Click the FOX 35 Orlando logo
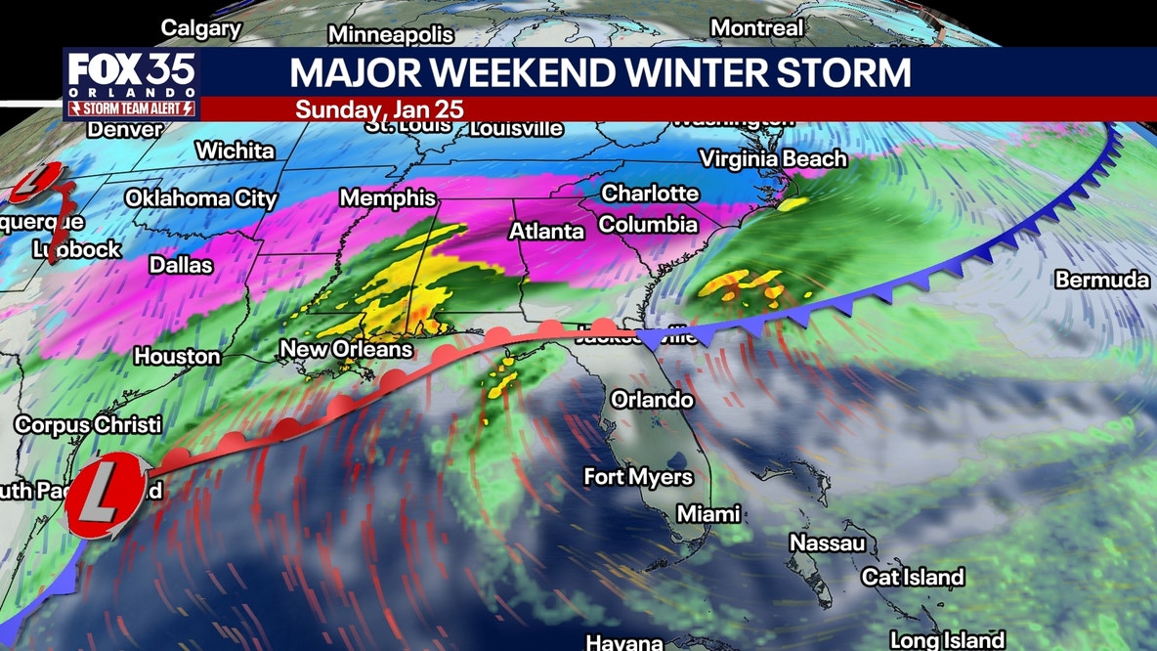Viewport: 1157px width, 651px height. [132, 83]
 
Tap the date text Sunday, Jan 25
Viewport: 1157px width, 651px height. [380, 108]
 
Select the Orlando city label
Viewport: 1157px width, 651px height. [652, 400]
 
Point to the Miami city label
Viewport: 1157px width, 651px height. [708, 513]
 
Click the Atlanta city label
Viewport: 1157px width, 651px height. [546, 232]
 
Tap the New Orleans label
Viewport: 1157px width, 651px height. [346, 349]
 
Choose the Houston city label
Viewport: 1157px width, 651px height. [177, 357]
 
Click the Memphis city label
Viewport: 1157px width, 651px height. [388, 198]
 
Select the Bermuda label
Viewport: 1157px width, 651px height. [1102, 281]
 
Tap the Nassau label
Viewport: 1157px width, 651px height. [828, 542]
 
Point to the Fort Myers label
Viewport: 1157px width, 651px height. [638, 477]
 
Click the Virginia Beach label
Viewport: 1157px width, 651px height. [773, 158]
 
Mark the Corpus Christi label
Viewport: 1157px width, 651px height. [88, 425]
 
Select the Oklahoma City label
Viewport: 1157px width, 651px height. [201, 198]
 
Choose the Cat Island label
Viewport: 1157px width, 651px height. [913, 578]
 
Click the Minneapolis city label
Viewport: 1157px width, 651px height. [391, 35]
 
